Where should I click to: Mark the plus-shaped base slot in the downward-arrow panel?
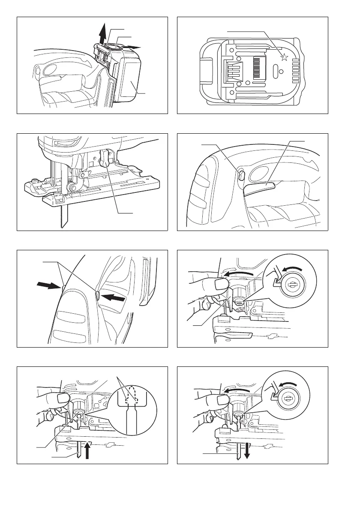[x=269, y=446]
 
